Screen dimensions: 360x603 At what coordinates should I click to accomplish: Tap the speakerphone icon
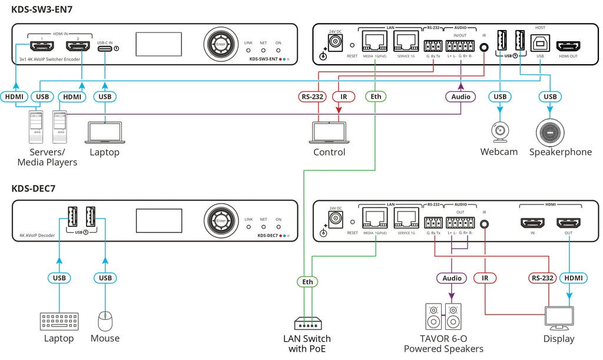[551, 131]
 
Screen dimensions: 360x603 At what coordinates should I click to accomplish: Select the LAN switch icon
[307, 324]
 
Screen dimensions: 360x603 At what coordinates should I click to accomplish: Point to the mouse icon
[105, 321]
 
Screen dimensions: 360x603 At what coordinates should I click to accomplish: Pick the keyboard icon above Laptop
[59, 322]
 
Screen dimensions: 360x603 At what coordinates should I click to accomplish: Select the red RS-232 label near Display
[541, 278]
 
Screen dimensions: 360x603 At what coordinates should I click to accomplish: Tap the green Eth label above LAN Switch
[307, 282]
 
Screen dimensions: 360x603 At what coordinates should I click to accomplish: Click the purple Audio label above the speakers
[452, 278]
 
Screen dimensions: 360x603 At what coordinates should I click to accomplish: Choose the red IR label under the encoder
[344, 97]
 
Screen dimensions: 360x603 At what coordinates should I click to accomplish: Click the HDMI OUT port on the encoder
[568, 46]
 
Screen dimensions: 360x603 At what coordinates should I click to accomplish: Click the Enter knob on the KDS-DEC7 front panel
[221, 221]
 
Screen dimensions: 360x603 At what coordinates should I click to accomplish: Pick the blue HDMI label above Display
[571, 278]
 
